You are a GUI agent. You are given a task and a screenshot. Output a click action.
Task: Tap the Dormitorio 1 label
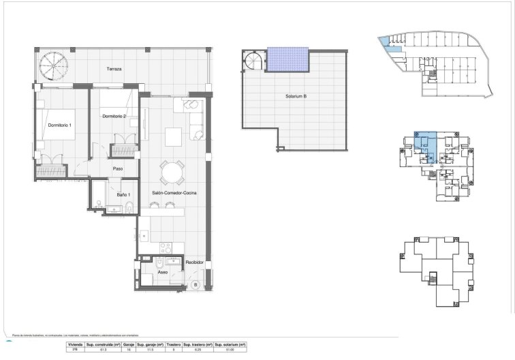coord(60,125)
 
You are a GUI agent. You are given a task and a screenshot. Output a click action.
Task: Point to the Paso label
coord(117,169)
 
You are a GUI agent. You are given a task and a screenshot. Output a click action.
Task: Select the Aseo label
coord(163,271)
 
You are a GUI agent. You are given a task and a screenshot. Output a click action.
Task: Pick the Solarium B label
coord(296,97)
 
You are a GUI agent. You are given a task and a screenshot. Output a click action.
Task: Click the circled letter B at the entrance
coord(195,284)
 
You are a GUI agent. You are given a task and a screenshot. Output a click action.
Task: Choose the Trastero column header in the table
coord(175,346)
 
